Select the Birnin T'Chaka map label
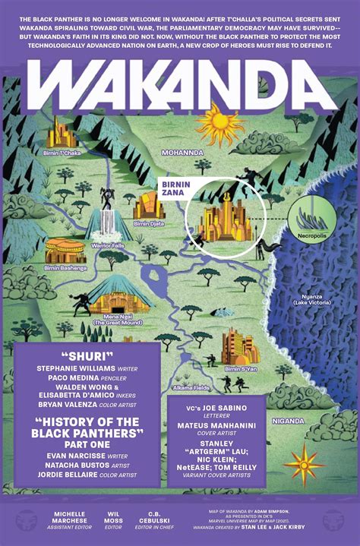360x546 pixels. coord(62,153)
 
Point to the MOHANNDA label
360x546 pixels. coord(183,153)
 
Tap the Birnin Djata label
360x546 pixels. coord(149,224)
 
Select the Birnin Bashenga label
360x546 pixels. coord(67,267)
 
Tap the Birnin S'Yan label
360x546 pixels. coord(242,368)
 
